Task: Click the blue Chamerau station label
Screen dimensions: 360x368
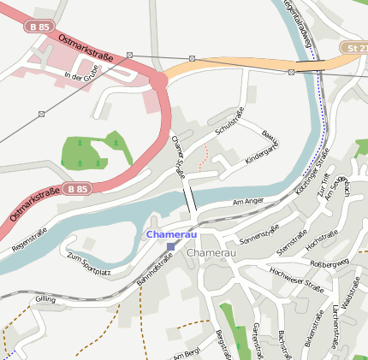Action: (x=171, y=233)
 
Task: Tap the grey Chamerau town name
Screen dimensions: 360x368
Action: (x=210, y=254)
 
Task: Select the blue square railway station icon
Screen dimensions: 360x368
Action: (x=171, y=245)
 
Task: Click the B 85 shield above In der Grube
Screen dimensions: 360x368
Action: (x=39, y=27)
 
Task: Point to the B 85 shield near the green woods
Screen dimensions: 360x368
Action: (x=76, y=188)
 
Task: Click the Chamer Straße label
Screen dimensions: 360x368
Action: (x=178, y=156)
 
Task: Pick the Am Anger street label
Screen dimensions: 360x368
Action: (x=249, y=203)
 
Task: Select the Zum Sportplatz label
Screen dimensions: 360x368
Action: (x=89, y=264)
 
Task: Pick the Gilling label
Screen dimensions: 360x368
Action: (x=45, y=298)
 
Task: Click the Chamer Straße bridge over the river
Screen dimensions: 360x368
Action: (x=189, y=200)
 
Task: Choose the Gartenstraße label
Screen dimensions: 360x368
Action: (x=256, y=340)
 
